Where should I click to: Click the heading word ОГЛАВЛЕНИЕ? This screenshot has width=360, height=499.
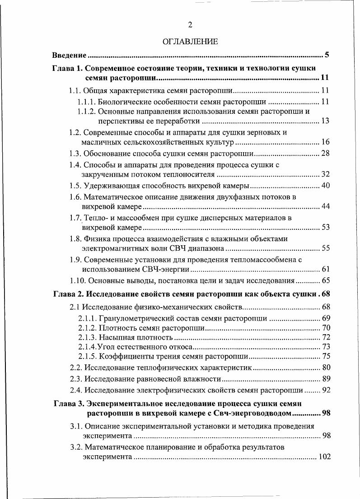tap(190, 42)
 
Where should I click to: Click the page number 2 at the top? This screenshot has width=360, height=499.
tap(190, 25)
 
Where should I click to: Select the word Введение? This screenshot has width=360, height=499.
tap(69, 56)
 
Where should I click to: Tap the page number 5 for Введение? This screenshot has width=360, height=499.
tap(327, 56)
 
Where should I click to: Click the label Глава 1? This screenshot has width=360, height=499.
tap(67, 69)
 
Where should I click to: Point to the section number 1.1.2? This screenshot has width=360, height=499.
tap(87, 111)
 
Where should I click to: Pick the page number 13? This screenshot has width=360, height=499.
tap(325, 121)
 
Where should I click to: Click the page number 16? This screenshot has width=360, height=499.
tap(325, 143)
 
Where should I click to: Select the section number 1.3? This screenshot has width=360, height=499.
tap(75, 154)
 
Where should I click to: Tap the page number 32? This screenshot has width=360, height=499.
tap(325, 174)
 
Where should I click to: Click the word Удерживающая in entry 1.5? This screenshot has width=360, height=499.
tap(110, 186)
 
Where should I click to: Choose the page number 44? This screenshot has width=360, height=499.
tap(325, 207)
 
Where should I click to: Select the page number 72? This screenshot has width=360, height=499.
tap(326, 337)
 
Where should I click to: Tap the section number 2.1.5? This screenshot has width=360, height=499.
tap(87, 356)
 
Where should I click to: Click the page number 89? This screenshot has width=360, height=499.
tap(326, 379)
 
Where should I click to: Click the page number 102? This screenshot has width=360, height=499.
tap(324, 457)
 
